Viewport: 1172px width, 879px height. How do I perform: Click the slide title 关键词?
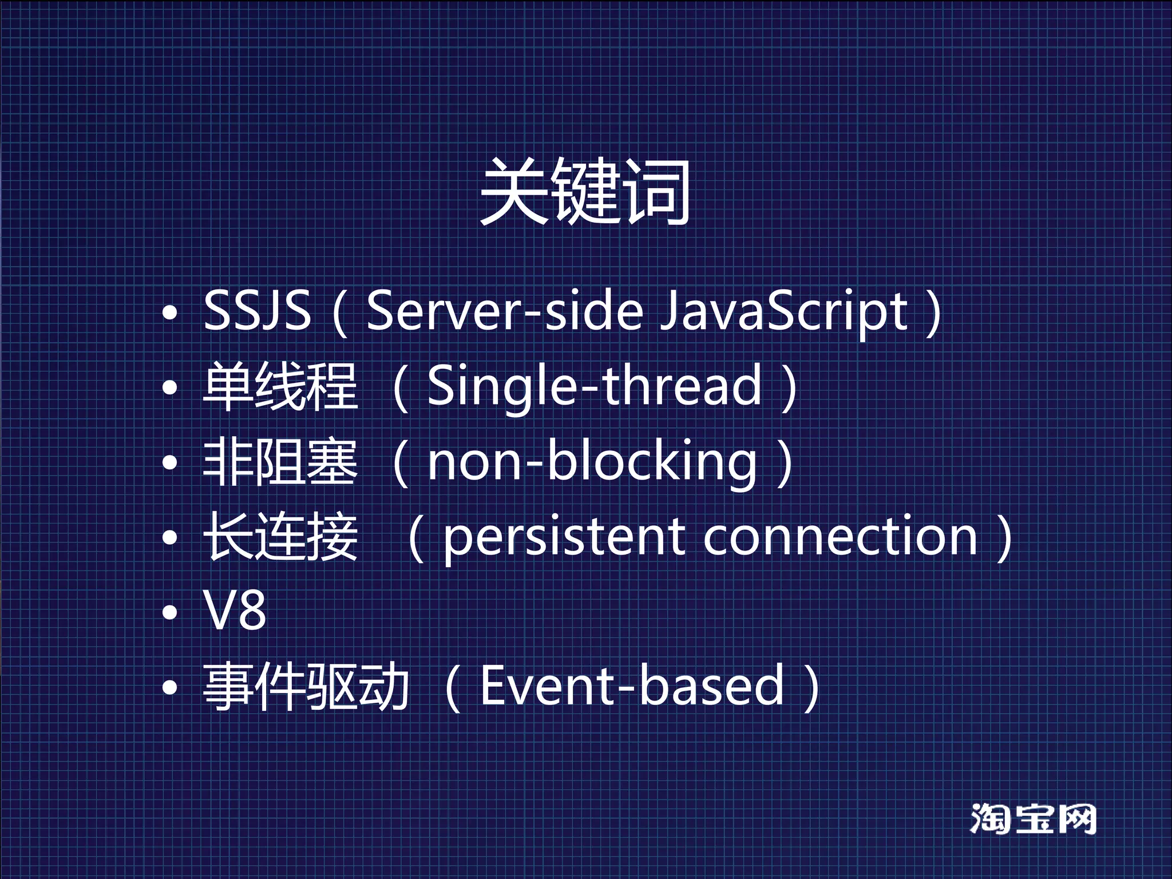(585, 192)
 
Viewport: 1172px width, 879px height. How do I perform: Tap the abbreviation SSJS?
(257, 310)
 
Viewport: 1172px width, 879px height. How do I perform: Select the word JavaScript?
(783, 312)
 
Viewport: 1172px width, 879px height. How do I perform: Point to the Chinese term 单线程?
(280, 386)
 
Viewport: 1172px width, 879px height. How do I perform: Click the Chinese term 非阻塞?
(280, 462)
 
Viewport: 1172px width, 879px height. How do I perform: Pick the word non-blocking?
(592, 463)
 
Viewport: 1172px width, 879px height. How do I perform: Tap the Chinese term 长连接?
(280, 537)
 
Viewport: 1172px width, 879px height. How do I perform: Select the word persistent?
(564, 539)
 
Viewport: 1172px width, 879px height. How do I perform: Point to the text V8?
(235, 611)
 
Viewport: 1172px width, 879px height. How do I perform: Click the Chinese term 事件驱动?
(306, 686)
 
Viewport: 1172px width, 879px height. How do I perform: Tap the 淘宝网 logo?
(1033, 819)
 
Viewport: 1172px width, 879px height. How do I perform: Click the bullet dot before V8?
(170, 613)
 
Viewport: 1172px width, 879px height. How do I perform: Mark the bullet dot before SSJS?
(170, 312)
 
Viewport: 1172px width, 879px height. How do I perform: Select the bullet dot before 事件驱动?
(170, 688)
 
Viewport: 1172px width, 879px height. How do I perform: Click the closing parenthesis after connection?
(1004, 539)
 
